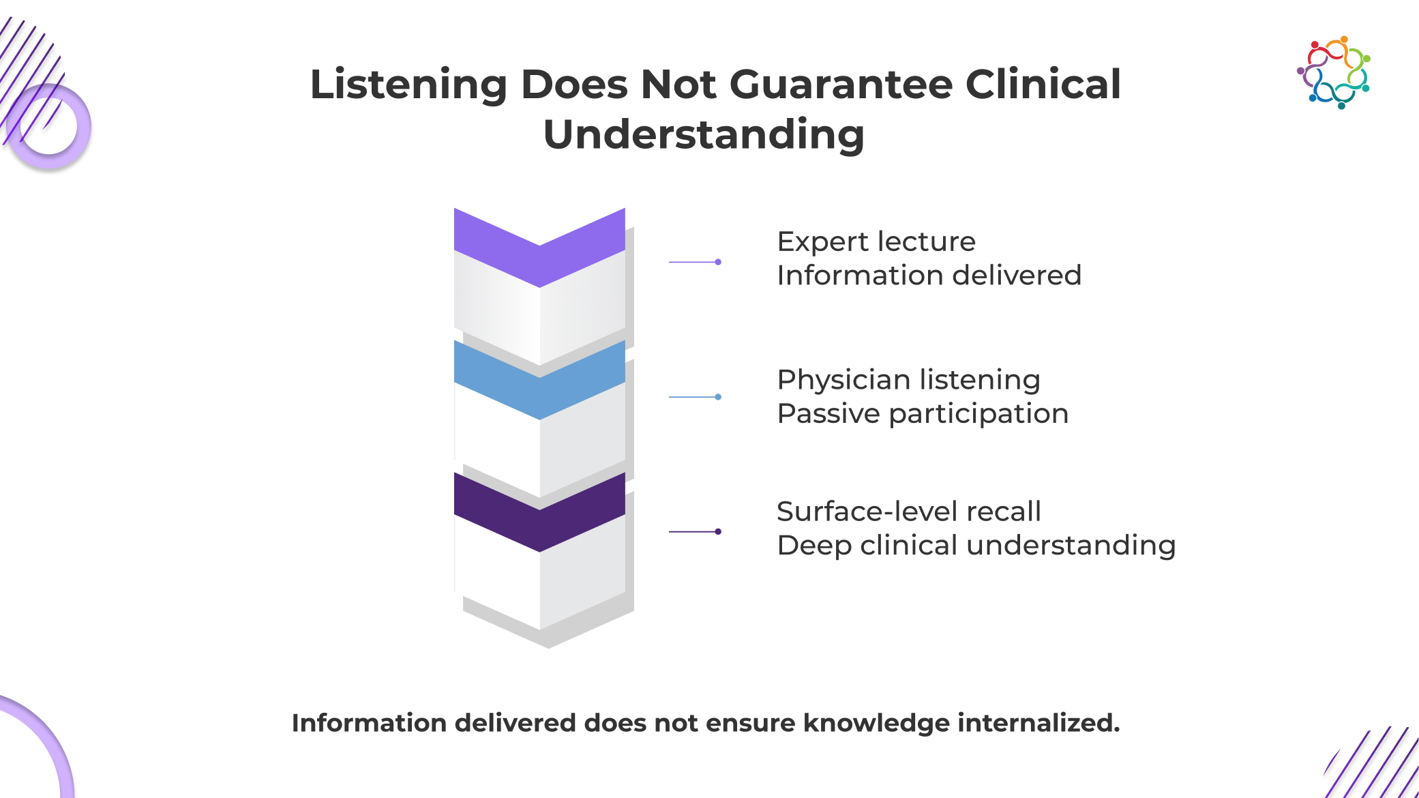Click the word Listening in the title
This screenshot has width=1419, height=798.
[x=408, y=85]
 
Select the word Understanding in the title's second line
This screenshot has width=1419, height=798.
[x=704, y=134]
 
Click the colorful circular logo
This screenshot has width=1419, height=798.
[x=1334, y=72]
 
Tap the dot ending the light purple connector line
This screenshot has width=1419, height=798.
[x=718, y=262]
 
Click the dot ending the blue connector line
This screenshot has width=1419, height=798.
[x=718, y=397]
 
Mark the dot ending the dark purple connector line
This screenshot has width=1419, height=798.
[x=718, y=531]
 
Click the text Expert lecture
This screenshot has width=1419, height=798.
[x=876, y=241]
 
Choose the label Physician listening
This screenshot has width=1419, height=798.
[x=908, y=380]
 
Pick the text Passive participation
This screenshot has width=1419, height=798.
[x=922, y=413]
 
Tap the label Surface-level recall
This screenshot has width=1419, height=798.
[x=908, y=512]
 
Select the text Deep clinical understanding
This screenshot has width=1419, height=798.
[x=976, y=546]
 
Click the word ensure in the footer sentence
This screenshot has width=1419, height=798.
[x=750, y=723]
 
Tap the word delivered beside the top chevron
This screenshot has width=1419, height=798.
[x=1016, y=276]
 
